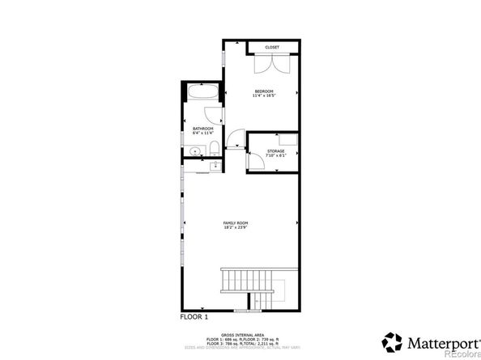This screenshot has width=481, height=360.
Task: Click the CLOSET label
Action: pos(272,47)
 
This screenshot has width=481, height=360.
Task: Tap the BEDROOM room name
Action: pos(264,91)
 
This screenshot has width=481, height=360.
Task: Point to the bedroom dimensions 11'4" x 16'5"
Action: pos(264,96)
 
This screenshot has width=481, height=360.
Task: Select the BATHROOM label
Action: pos(202,128)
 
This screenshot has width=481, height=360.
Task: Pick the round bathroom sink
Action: pos(195,150)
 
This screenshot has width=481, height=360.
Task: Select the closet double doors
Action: pos(271,66)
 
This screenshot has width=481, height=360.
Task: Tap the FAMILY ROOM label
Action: pos(236,222)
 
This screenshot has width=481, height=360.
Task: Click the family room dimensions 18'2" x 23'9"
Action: pos(236,228)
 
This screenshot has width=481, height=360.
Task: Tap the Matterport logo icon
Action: pos(393,340)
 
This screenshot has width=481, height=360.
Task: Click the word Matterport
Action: pos(438,339)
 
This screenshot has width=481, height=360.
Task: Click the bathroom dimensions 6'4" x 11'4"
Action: pos(202,133)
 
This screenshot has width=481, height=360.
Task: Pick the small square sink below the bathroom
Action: pos(214,166)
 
